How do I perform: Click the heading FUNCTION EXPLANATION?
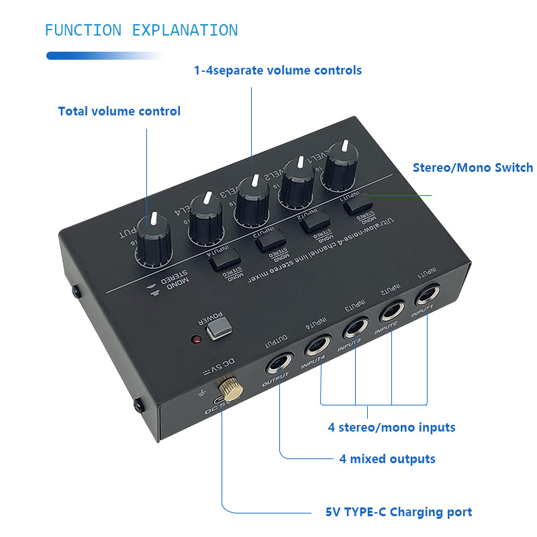click(x=141, y=30)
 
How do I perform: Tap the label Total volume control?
click(x=119, y=111)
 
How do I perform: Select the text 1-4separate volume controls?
click(x=278, y=70)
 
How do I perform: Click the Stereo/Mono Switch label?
click(x=473, y=168)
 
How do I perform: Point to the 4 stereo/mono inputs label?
click(x=391, y=427)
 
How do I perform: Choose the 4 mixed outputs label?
click(x=387, y=459)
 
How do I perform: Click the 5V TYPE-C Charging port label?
click(x=399, y=512)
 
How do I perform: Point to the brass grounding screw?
click(x=224, y=388)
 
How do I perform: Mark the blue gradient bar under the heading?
click(x=104, y=56)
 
